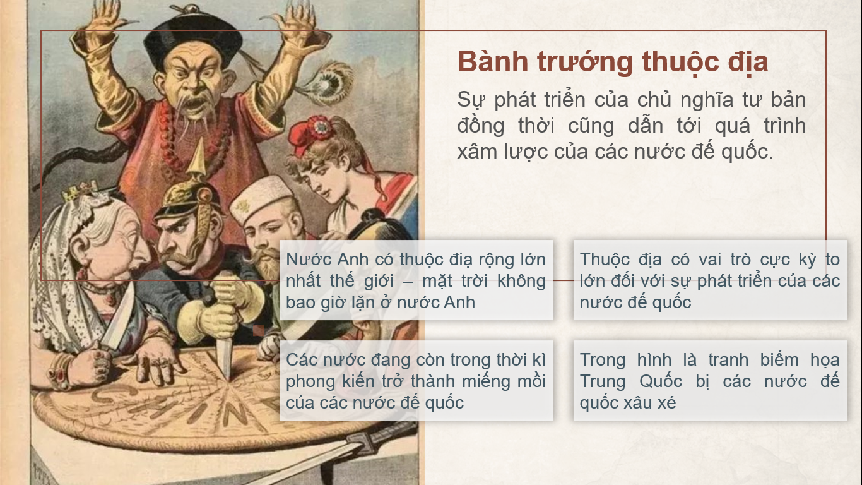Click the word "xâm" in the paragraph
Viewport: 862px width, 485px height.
point(476,152)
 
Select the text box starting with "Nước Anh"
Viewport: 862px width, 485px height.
point(416,280)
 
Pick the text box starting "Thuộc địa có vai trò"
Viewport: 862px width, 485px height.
point(710,280)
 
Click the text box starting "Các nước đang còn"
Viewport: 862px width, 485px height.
point(416,381)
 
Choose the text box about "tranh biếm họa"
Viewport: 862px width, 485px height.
point(710,381)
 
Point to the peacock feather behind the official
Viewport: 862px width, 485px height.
point(327,83)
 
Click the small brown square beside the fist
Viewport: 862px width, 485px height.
point(259,330)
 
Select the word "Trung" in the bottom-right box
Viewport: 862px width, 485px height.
point(602,381)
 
